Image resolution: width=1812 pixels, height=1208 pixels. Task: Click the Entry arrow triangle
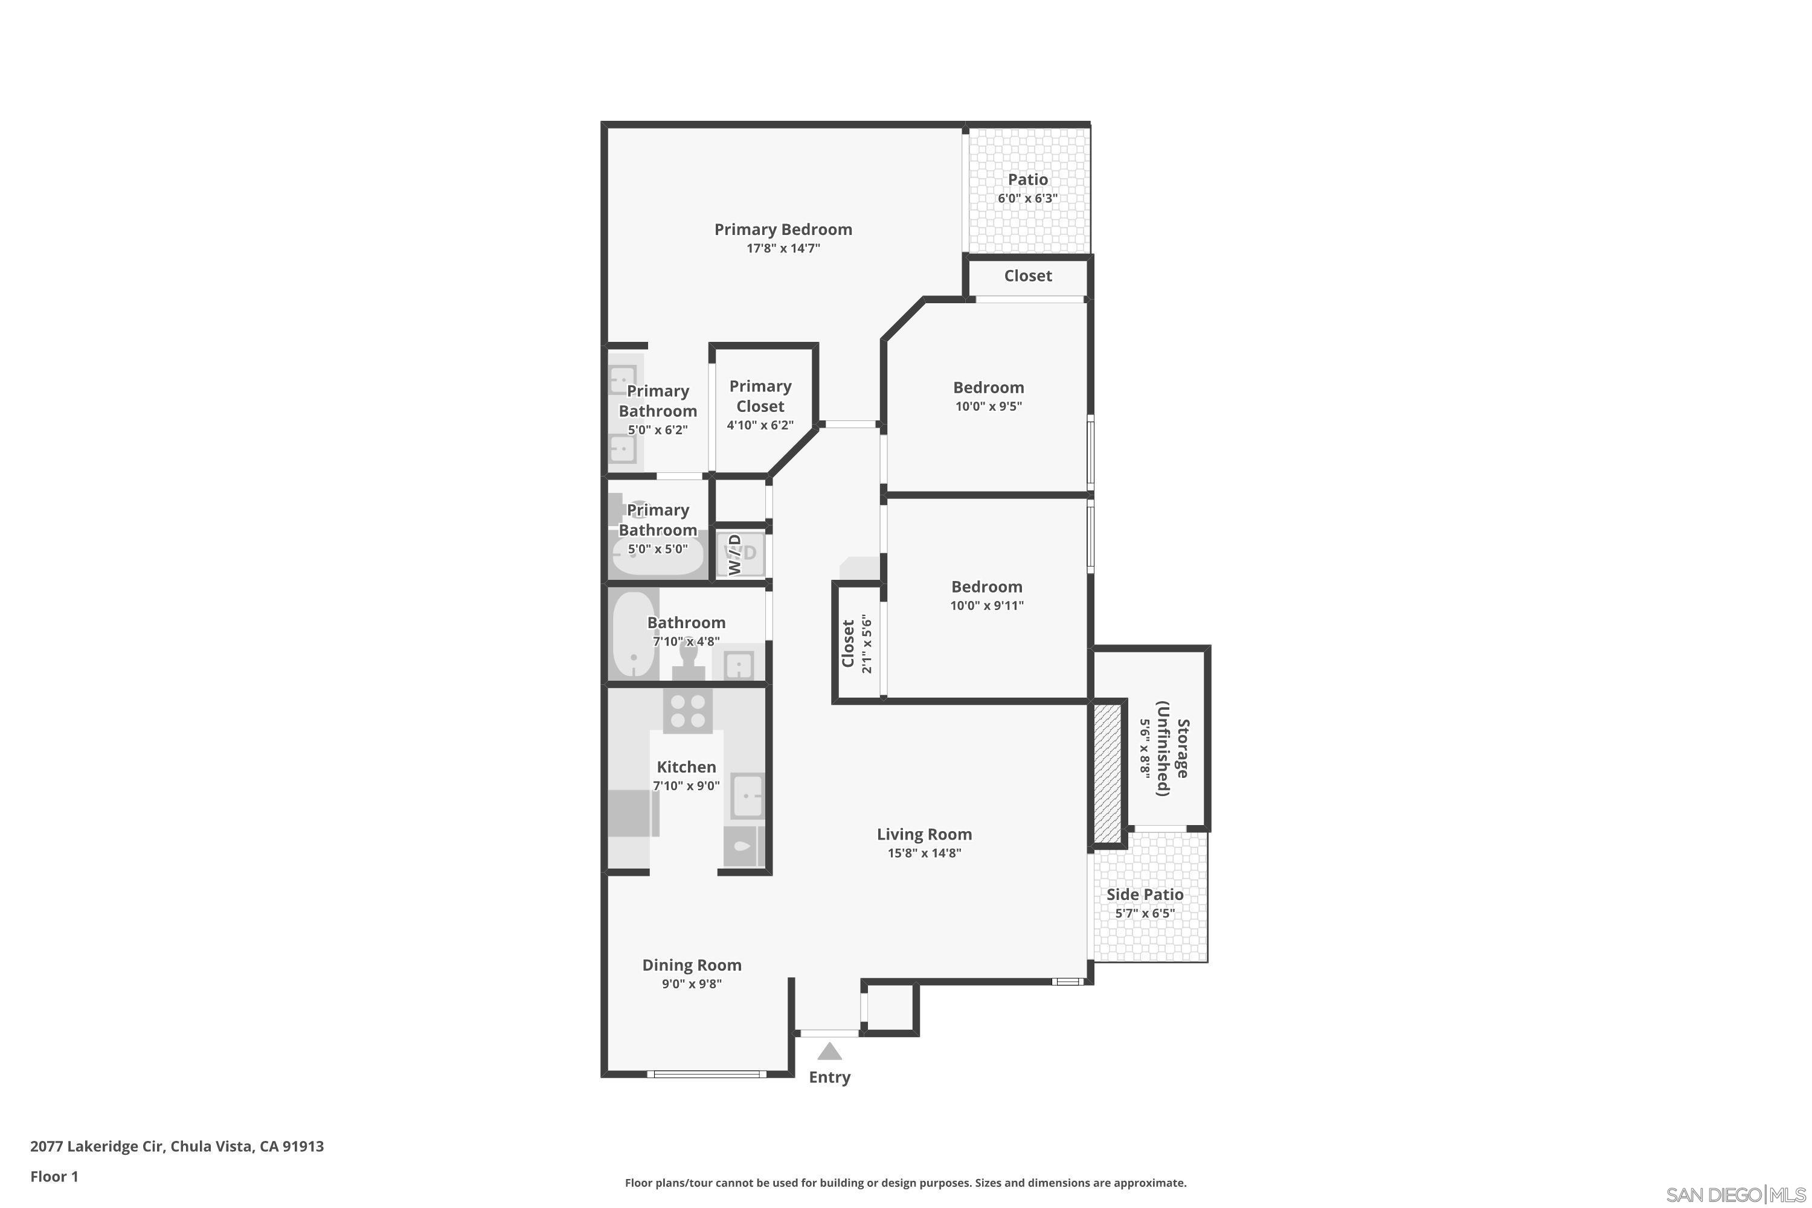(829, 1051)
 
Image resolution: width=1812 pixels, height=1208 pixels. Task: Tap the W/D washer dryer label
(736, 553)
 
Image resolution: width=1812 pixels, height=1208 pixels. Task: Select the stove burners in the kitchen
(687, 711)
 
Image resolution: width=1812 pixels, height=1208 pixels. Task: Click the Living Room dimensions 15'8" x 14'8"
(924, 853)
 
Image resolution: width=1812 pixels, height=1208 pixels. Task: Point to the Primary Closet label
(760, 396)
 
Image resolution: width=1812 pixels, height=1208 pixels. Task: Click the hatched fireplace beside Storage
(1107, 772)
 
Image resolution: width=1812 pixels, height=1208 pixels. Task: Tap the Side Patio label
(1145, 895)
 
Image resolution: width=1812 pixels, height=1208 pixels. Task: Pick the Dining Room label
(691, 965)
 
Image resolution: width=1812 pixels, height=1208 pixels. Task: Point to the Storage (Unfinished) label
(1172, 758)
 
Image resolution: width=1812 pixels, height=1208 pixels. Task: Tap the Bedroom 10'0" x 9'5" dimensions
(988, 406)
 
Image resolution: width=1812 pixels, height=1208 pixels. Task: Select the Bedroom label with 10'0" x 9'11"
(986, 586)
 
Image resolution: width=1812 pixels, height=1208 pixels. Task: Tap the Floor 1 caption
(54, 1177)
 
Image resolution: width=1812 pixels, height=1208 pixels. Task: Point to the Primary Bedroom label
(783, 229)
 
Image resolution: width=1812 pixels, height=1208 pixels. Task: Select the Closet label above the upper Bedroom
(1028, 276)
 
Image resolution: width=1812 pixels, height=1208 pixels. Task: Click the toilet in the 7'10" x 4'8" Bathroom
(688, 663)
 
